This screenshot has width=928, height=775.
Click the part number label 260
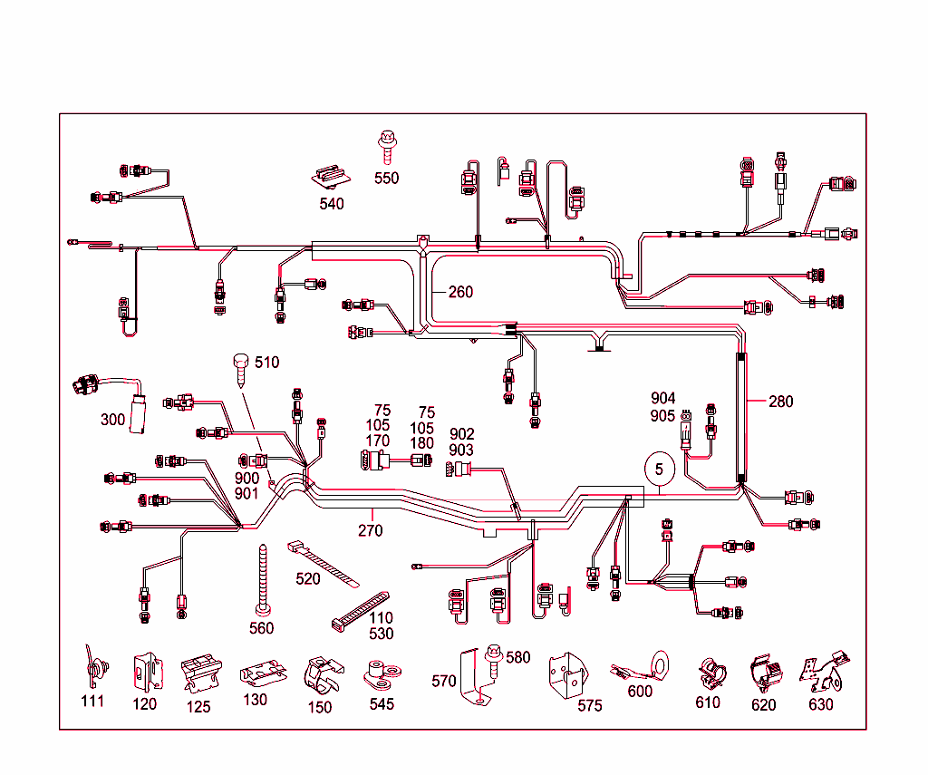(x=460, y=292)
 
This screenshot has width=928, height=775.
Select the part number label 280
(x=780, y=402)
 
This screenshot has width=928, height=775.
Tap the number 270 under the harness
(x=370, y=530)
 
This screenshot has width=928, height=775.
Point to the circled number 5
(x=660, y=470)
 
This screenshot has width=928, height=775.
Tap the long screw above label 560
(x=262, y=580)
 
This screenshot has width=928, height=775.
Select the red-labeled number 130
(x=256, y=700)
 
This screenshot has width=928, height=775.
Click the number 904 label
(x=662, y=398)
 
